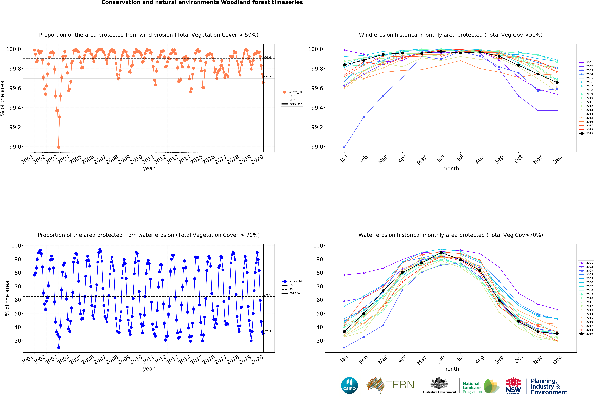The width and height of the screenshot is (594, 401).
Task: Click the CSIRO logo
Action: tap(349, 385)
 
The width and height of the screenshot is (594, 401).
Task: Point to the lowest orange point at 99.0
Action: tap(59, 147)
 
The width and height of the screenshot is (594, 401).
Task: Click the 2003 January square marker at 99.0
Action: tap(344, 147)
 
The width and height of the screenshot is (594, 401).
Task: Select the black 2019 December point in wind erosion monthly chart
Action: tap(557, 83)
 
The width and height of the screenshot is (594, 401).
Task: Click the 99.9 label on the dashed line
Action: tap(268, 58)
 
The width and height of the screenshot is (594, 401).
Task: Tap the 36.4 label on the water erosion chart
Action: tap(268, 331)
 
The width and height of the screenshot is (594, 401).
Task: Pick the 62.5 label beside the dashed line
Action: tap(268, 295)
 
